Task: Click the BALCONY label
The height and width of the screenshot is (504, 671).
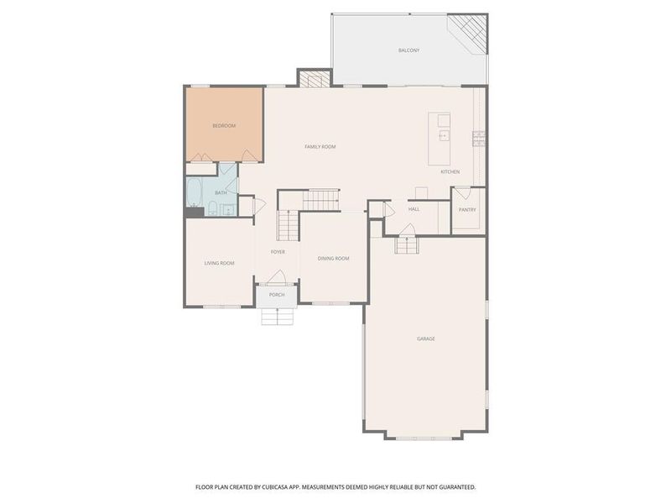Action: click(408, 50)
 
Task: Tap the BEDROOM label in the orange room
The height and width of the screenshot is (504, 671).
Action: click(224, 126)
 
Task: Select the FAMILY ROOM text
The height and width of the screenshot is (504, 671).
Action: click(320, 147)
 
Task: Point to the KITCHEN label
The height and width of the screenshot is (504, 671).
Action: click(450, 171)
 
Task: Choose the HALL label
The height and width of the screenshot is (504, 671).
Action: click(414, 209)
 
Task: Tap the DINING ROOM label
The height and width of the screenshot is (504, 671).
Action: click(333, 259)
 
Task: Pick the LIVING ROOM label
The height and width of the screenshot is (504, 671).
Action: click(219, 263)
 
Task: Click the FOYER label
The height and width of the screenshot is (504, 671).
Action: click(278, 252)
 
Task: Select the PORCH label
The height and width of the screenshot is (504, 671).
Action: click(277, 295)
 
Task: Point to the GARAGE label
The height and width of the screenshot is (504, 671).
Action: click(426, 339)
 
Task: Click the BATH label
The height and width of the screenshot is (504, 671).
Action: click(221, 192)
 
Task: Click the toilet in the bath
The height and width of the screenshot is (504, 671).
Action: click(213, 208)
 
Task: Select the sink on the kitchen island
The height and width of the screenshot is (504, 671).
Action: click(445, 134)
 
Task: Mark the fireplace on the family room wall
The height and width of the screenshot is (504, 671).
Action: click(311, 80)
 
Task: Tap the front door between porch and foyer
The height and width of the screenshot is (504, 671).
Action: click(278, 281)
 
